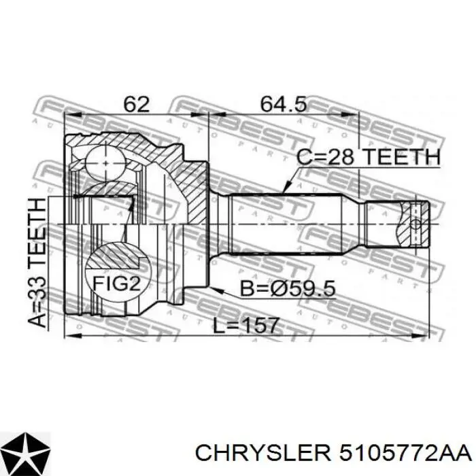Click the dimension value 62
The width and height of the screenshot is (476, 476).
(x=137, y=104)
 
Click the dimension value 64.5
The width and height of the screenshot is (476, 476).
(x=284, y=104)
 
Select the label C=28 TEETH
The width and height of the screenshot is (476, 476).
(x=368, y=157)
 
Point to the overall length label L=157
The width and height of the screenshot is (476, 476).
(x=245, y=326)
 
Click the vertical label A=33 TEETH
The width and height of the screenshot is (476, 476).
(x=37, y=262)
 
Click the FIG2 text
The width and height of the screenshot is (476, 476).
(x=117, y=284)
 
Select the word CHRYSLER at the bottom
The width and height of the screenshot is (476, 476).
(x=262, y=454)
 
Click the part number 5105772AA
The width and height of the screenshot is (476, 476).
(x=405, y=454)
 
